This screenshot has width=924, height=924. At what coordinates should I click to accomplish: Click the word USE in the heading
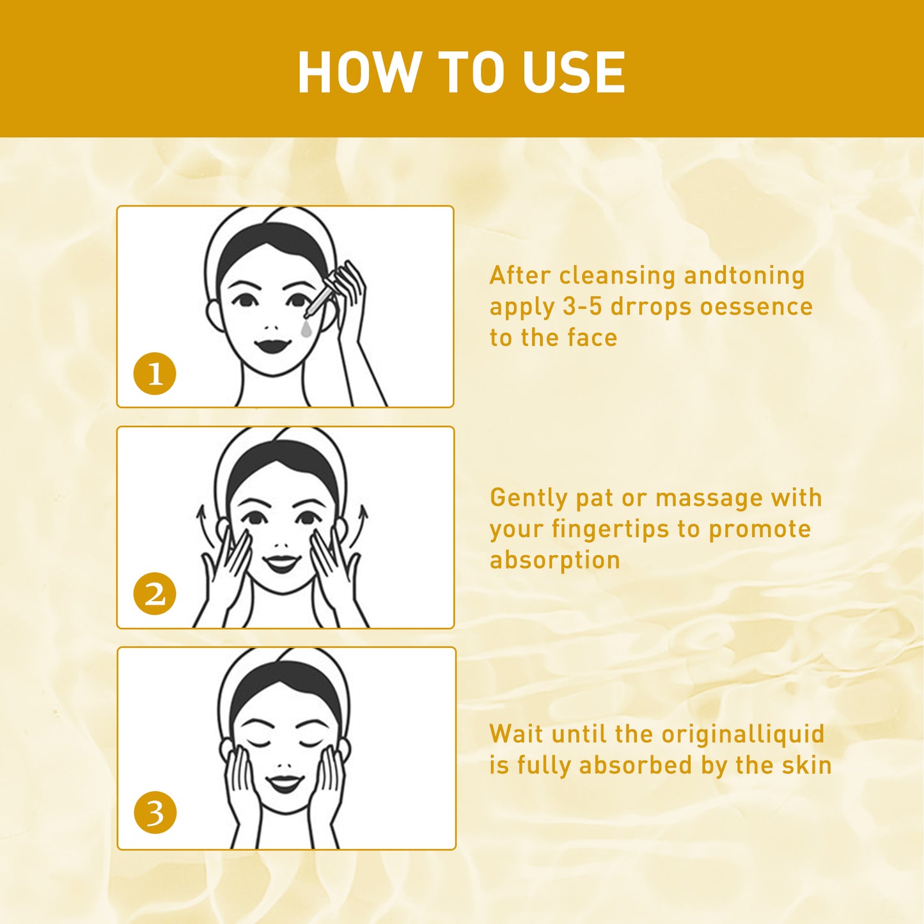pos(573,72)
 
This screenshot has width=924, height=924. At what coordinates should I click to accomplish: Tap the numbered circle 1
pos(155,373)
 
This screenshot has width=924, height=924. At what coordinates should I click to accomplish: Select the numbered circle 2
pos(155,594)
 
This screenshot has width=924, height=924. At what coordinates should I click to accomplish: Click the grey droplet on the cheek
pos(307,329)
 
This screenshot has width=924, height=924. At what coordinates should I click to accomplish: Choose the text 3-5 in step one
pos(582,307)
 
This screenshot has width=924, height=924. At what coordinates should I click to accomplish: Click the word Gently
pos(529,499)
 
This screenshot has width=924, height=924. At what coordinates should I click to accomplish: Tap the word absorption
pos(555,560)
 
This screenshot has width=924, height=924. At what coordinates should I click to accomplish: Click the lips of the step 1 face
pos(273,346)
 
